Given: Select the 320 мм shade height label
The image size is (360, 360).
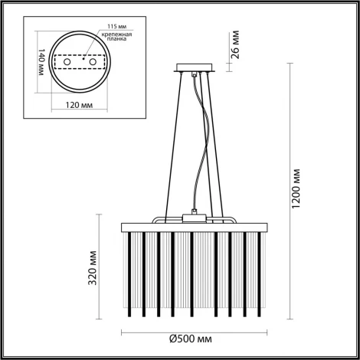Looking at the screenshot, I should [93, 267].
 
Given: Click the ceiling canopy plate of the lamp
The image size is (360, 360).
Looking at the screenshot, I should [198, 67].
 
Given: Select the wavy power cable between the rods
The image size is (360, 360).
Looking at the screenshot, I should [203, 146].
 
